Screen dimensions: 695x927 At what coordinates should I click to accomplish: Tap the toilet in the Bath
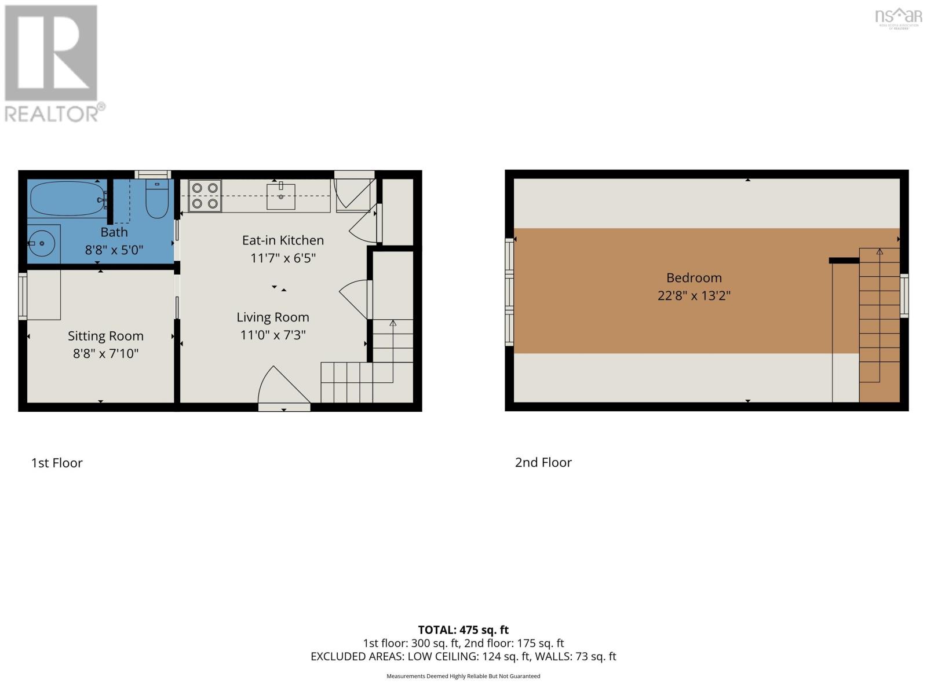point(156,199)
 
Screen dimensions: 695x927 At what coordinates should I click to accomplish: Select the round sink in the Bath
point(41,244)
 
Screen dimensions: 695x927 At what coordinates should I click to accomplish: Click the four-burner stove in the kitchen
point(205,196)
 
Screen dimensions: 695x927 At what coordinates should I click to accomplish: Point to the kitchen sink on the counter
point(280,196)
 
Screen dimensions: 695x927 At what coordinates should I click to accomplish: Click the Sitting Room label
point(105,336)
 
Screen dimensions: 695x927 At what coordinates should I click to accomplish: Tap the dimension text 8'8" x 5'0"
point(114,250)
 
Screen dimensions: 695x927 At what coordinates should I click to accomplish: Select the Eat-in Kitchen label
point(283,240)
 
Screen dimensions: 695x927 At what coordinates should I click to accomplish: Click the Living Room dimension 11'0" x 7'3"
point(272,335)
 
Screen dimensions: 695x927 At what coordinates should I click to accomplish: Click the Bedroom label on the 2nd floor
point(694,277)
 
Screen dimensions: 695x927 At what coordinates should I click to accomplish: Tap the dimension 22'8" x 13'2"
point(694,295)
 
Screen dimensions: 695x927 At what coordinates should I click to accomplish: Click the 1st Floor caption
point(57,463)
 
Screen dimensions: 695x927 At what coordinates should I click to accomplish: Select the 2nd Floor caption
point(543,462)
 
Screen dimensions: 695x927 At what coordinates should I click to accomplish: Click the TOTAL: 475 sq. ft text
point(463,630)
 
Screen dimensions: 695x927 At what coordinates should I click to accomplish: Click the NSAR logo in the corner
point(898,17)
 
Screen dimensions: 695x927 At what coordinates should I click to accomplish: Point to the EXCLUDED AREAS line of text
point(463,656)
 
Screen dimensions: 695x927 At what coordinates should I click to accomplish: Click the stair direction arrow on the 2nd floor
point(879,251)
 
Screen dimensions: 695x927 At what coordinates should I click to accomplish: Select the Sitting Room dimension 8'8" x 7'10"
point(105,353)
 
